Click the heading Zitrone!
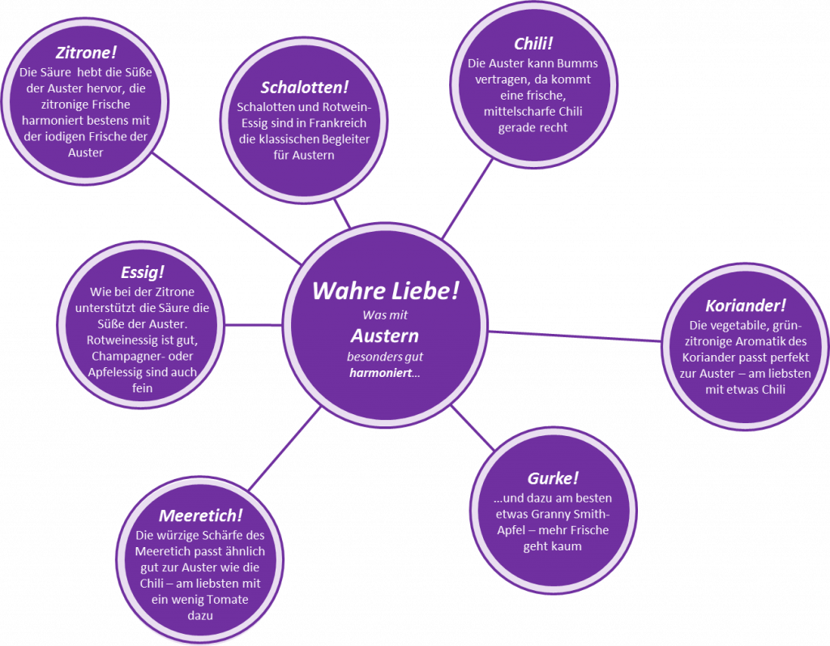pos(86,53)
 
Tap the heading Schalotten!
pos(305,88)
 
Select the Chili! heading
pos(533,44)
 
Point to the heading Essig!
pos(143,272)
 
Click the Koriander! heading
pos(746,306)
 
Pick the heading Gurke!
pos(553,478)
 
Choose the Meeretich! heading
pos(201,516)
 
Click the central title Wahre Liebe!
pos(385,291)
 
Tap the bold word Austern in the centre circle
pos(385,336)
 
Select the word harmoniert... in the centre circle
pos(385,373)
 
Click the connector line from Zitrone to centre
pos(227,209)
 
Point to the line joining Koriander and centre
pos(575,336)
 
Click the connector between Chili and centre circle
pos(468,199)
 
